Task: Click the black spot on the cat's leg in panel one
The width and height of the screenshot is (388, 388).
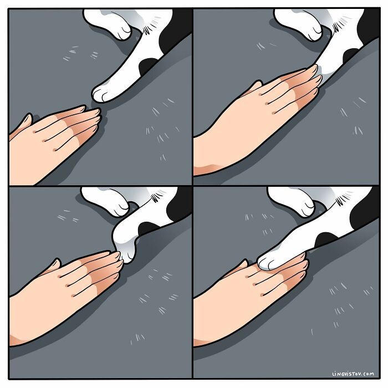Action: pos(149,65)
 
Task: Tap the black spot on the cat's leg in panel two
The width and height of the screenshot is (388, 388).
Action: pos(351,55)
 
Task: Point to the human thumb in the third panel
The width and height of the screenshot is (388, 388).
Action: pos(53,266)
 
